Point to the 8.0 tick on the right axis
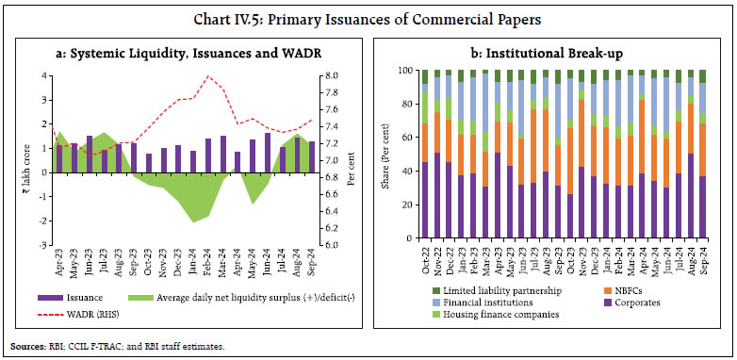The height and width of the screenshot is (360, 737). tap(346, 75)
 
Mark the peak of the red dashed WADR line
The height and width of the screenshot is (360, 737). tap(207, 76)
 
